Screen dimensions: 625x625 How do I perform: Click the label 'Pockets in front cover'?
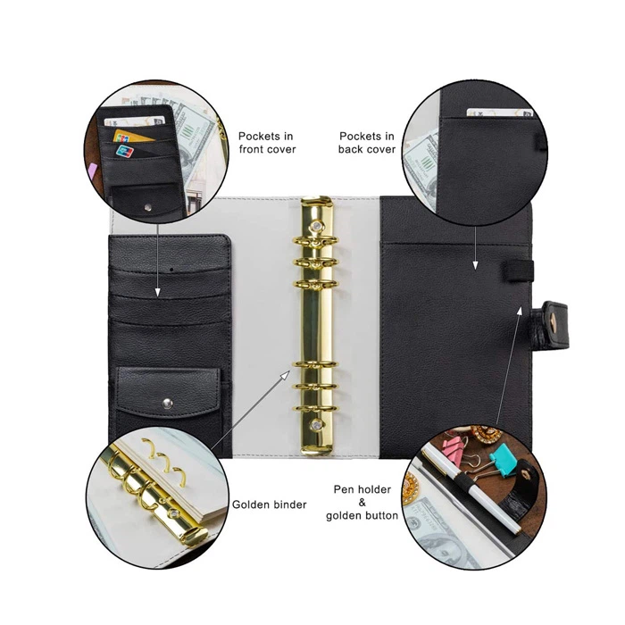point(267,143)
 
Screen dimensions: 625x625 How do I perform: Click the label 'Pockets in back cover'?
point(367,143)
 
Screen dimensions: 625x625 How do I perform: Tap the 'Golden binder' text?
point(270,504)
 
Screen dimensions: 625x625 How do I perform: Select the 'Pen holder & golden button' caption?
point(362,502)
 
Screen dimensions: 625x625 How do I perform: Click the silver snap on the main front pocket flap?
point(168,404)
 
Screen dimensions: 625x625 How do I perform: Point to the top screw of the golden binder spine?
point(317,227)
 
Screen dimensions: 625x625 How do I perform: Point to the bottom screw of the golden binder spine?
point(317,425)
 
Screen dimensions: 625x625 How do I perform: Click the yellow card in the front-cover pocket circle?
point(130,137)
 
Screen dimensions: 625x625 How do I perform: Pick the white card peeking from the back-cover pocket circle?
point(500,112)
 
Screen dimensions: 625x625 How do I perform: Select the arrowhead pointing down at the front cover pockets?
point(157,293)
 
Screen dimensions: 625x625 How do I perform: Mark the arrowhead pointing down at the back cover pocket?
point(475,265)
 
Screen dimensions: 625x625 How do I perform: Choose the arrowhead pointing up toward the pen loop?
point(520,312)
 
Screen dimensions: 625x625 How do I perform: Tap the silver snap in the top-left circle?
point(148,207)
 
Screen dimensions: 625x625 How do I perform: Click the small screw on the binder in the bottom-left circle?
point(174,513)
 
